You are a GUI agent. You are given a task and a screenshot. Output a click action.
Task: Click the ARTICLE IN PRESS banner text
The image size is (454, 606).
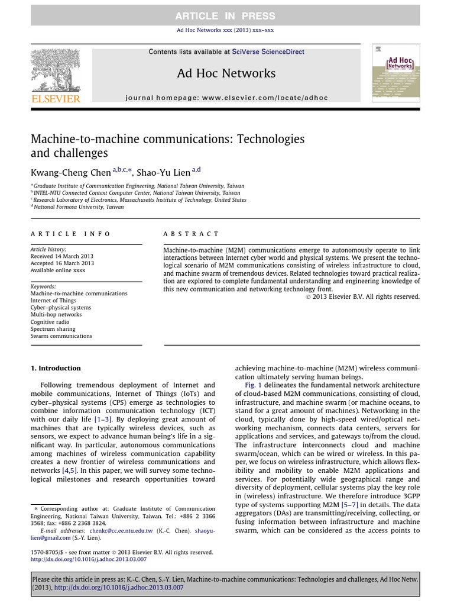(x=225, y=16)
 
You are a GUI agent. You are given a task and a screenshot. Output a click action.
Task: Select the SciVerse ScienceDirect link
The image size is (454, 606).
(x=268, y=52)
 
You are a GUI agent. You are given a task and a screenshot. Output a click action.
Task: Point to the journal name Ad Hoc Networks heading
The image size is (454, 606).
(x=226, y=73)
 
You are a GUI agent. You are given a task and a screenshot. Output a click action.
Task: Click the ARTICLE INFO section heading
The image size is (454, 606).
(x=70, y=234)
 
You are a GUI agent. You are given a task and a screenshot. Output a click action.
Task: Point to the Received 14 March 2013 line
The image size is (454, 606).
(x=62, y=256)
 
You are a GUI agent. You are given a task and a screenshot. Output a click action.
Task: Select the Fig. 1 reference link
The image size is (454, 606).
(x=252, y=385)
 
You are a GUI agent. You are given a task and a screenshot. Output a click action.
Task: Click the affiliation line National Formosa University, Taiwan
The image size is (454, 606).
(x=79, y=207)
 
